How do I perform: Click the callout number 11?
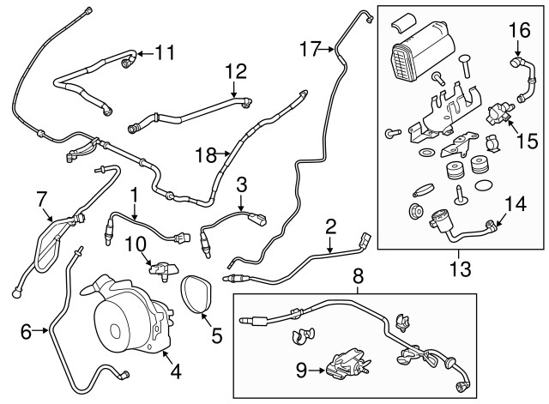click(163, 52)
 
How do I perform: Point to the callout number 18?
click(205, 154)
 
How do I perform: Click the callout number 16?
click(519, 31)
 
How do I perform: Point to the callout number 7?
click(41, 200)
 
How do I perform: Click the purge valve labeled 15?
click(496, 112)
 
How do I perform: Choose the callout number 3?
click(242, 184)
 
